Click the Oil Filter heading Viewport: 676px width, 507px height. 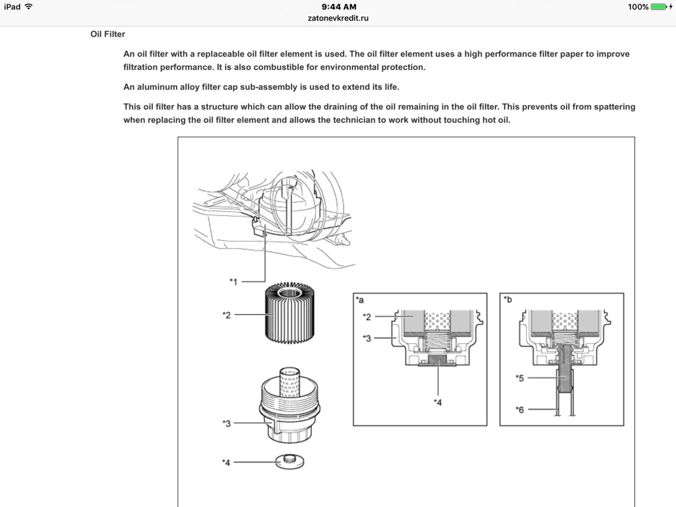point(108,34)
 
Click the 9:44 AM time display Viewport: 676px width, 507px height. point(339,7)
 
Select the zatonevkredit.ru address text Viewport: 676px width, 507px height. point(338,18)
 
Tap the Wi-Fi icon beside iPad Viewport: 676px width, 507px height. point(29,7)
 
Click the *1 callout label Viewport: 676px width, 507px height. point(233,282)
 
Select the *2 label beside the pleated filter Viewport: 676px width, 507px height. point(227,315)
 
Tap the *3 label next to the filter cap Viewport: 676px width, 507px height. point(227,423)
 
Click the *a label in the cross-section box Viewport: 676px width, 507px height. point(360,300)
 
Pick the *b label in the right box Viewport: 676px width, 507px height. point(508,300)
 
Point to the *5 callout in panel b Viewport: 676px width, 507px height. point(520,378)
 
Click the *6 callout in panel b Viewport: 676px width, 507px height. point(520,409)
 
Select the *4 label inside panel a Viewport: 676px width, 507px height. point(437,402)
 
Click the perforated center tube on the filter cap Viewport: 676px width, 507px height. point(289,382)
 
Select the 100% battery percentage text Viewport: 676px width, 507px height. point(638,7)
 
